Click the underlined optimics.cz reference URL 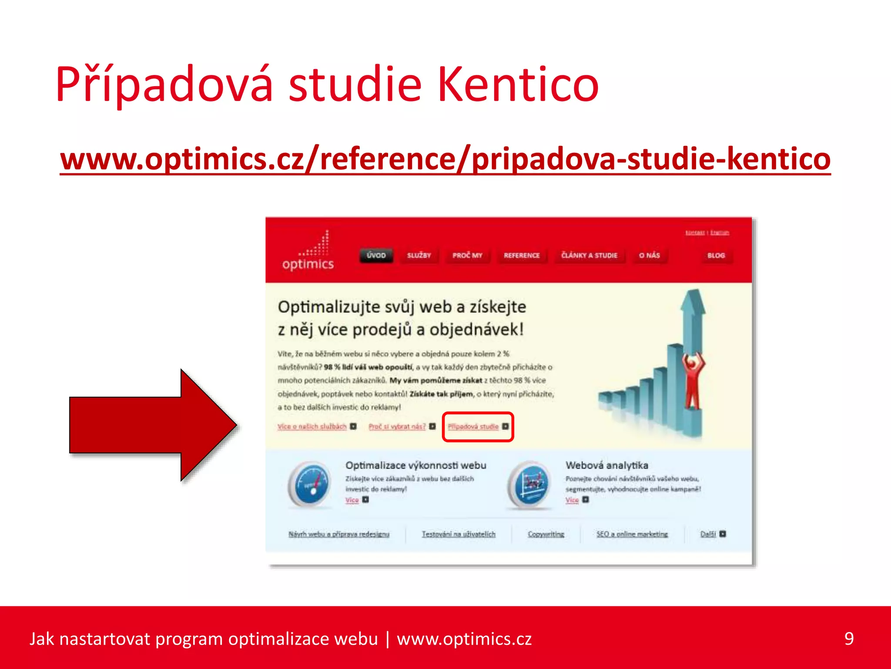pyautogui.click(x=445, y=159)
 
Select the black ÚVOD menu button pyautogui.click(x=376, y=255)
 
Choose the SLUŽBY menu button pyautogui.click(x=419, y=255)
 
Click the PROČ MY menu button pyautogui.click(x=467, y=255)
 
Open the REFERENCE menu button pyautogui.click(x=522, y=255)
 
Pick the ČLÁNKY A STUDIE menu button pyautogui.click(x=589, y=255)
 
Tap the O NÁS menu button pyautogui.click(x=649, y=255)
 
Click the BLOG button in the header pyautogui.click(x=716, y=255)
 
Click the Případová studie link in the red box pyautogui.click(x=473, y=426)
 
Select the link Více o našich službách pyautogui.click(x=312, y=426)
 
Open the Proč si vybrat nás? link pyautogui.click(x=397, y=426)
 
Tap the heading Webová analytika pyautogui.click(x=606, y=465)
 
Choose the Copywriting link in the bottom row pyautogui.click(x=546, y=534)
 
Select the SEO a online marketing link pyautogui.click(x=632, y=534)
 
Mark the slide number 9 pyautogui.click(x=849, y=639)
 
